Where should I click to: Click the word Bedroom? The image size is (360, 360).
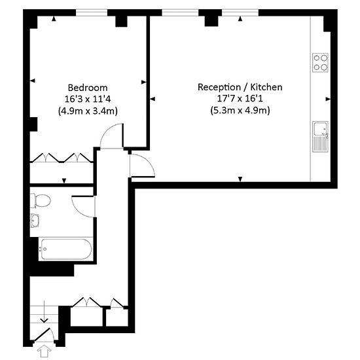coord(88,87)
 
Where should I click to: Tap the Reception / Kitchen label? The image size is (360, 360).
coord(240,87)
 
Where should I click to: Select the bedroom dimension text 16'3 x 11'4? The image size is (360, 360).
coord(88,99)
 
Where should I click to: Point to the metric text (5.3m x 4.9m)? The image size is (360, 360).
coord(240,111)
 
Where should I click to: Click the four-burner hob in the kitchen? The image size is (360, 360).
coord(320,62)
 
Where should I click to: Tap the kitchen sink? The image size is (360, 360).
coord(321,135)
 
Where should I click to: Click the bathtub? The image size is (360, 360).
coord(65,249)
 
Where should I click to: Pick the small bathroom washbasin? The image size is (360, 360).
coord(34,221)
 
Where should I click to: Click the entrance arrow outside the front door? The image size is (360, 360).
coord(45,352)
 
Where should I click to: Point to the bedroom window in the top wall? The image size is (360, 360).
coord(92,12)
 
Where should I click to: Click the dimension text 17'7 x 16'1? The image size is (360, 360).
coord(240,99)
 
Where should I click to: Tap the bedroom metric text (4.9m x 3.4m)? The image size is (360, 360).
coord(88,111)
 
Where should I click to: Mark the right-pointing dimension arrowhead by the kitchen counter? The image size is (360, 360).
coord(329,99)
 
